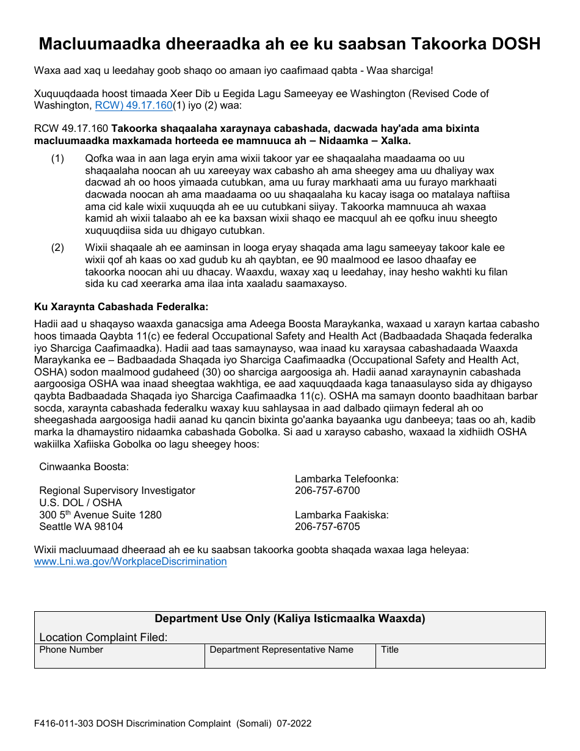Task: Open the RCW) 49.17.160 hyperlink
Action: [133, 106]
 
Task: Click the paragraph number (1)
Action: [57, 159]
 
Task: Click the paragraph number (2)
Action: [57, 248]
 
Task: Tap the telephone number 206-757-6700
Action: [327, 491]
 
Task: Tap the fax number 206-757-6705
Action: [327, 526]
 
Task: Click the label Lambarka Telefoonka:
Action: [347, 479]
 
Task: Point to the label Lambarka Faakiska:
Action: [342, 515]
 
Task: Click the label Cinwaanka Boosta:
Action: [84, 467]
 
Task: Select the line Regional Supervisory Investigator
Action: [117, 491]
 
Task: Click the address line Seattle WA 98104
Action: [81, 526]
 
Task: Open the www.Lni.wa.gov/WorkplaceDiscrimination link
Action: [131, 562]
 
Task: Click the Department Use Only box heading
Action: [290, 619]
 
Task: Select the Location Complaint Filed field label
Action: [103, 637]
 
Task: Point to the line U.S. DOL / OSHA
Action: [81, 502]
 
